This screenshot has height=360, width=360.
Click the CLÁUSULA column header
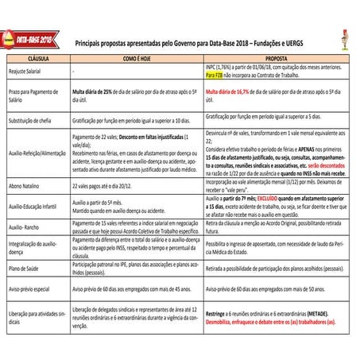coord(37,59)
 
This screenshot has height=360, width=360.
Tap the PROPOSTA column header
coord(276,59)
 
